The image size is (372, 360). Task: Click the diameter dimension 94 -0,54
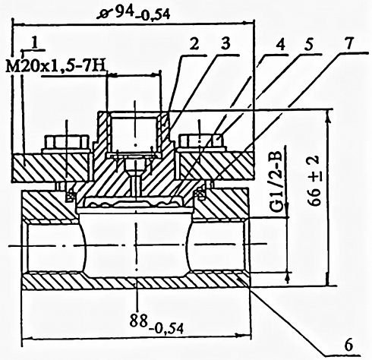(134, 14)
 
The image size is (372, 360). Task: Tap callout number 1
(35, 43)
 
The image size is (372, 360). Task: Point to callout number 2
(194, 45)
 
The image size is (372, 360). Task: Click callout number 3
(225, 44)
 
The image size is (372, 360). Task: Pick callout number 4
(280, 44)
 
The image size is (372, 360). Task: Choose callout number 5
(308, 44)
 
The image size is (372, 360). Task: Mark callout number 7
(349, 43)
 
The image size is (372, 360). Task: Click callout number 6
(348, 345)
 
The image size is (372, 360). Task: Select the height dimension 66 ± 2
(314, 180)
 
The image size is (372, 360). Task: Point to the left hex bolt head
(67, 144)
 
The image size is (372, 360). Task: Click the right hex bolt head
(201, 143)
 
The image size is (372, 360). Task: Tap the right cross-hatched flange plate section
(216, 166)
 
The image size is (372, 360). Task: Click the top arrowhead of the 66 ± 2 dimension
(328, 115)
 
